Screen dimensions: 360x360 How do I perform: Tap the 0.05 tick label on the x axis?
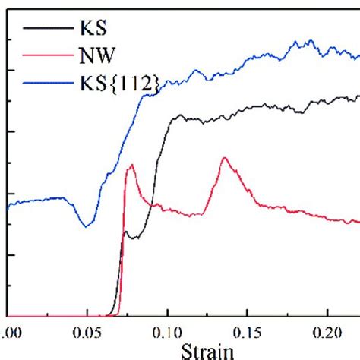click(x=87, y=333)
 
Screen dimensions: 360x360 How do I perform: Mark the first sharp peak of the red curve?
click(x=131, y=166)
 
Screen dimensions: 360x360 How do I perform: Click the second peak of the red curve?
click(x=224, y=158)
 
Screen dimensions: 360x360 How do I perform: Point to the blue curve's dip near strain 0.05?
click(x=88, y=225)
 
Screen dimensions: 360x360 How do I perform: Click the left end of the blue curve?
click(x=8, y=205)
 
